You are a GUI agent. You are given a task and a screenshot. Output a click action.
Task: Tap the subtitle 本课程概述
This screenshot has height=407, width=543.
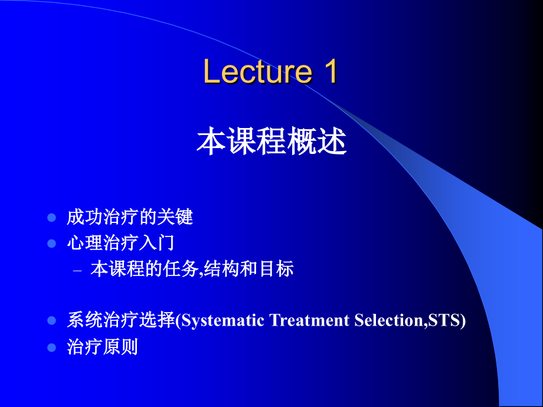[x=271, y=142]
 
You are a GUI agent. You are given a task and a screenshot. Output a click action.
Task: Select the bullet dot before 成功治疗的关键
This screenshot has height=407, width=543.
[x=51, y=217]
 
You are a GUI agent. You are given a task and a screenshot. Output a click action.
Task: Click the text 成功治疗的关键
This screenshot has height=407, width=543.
[x=130, y=218]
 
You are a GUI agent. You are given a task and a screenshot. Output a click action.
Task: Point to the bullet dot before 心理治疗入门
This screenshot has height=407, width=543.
[x=51, y=243]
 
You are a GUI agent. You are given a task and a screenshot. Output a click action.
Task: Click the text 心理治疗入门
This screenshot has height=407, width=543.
[x=120, y=243]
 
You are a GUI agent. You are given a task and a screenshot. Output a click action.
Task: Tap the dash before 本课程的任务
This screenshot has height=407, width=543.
[x=77, y=271]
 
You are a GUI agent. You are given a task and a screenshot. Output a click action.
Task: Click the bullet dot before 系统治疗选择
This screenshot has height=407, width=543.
[x=51, y=320]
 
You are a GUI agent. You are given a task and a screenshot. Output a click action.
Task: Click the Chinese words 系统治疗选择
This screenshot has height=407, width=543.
[x=121, y=320]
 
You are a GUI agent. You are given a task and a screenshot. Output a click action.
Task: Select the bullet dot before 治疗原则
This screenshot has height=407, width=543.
[x=51, y=346]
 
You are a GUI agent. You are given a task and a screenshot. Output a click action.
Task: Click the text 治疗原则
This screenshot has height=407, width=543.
[x=102, y=346]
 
